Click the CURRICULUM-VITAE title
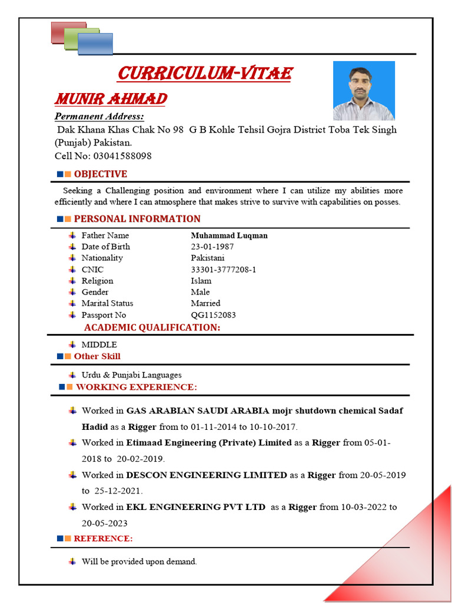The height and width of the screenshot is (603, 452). click(205, 74)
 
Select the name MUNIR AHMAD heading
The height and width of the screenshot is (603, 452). click(111, 98)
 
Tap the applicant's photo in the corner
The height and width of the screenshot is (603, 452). click(364, 91)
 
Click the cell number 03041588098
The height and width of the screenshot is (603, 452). click(122, 156)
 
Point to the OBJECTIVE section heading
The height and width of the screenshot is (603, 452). click(100, 174)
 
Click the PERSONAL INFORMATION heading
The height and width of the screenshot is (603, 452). click(137, 218)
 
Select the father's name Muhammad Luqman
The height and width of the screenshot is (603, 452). click(229, 236)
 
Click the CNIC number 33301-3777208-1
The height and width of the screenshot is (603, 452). click(223, 270)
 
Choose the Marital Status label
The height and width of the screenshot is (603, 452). click(107, 303)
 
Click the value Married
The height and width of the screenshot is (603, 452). click(205, 303)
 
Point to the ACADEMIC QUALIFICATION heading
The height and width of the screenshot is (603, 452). click(152, 327)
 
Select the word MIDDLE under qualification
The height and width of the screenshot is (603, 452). click(99, 344)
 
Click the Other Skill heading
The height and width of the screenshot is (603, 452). click(97, 356)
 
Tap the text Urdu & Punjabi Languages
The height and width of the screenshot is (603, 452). click(131, 375)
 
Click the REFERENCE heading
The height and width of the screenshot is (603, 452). click(103, 538)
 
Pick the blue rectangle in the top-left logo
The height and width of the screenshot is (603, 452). click(95, 44)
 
